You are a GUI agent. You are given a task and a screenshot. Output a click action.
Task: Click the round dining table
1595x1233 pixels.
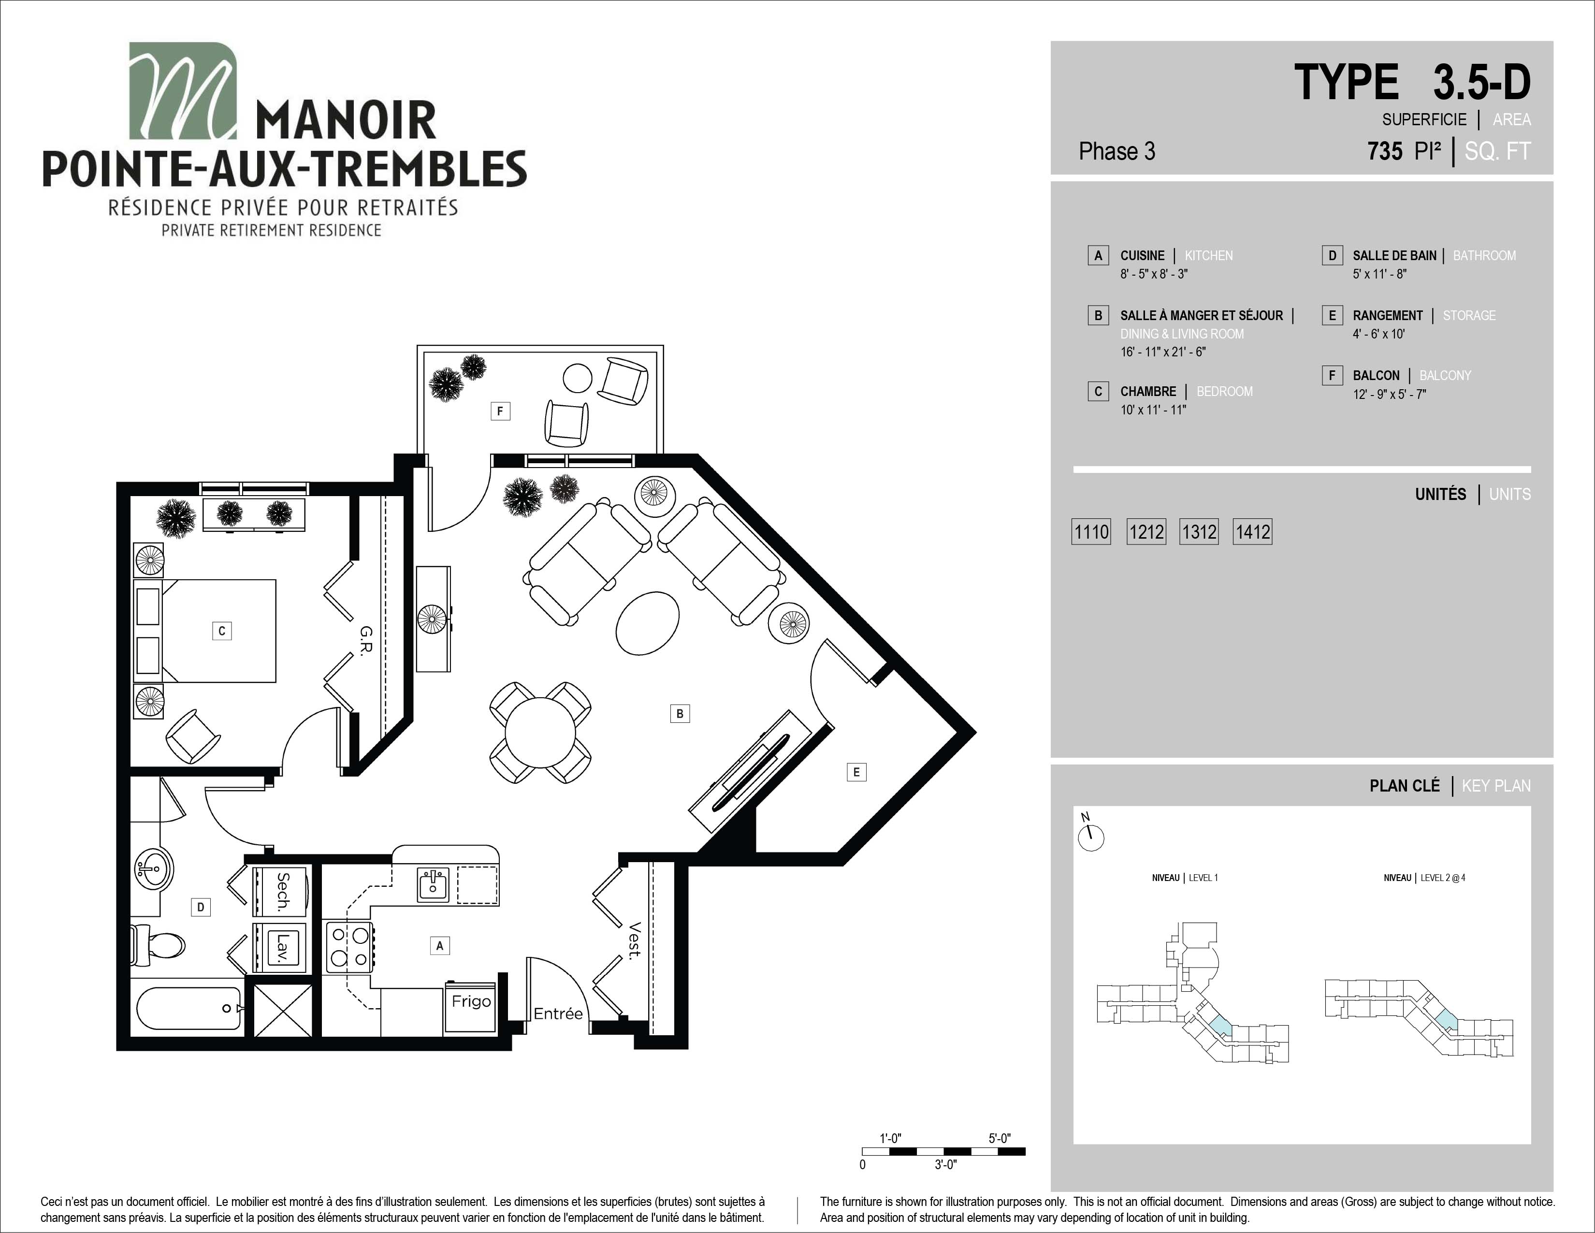click(x=540, y=733)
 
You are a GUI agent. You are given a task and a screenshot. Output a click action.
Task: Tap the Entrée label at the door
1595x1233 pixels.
click(x=558, y=1014)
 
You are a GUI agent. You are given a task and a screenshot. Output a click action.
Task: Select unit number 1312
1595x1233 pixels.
click(x=1199, y=532)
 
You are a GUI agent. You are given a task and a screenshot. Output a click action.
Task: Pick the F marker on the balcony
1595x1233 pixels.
click(x=500, y=411)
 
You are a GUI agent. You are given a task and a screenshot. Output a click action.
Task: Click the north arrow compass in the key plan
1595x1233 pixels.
click(x=1091, y=837)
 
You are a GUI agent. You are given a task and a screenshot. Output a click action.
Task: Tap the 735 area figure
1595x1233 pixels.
click(x=1385, y=151)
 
